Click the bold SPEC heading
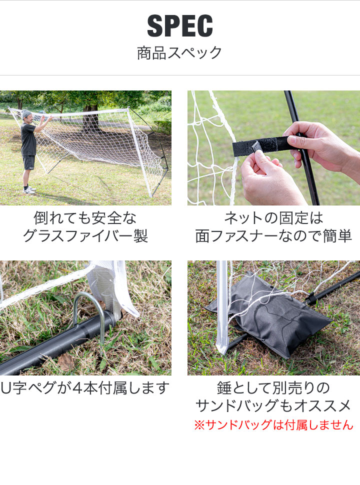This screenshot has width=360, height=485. coord(180,26)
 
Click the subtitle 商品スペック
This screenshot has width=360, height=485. coord(179,53)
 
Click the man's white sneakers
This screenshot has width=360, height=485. coord(28,190)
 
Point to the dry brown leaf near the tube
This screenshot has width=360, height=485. coord(65,361)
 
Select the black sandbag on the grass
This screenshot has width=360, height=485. coord(272,315)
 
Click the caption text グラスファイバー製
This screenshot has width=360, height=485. coord(85,236)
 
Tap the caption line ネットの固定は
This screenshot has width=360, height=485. coord(273,218)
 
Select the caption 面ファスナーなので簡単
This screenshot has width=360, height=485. coord(273,236)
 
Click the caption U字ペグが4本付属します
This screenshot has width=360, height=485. coord(85,388)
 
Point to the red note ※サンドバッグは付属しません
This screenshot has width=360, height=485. coord(273,425)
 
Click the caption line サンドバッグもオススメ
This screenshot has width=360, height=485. coord(273,405)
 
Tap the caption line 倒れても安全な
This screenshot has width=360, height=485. coord(85,218)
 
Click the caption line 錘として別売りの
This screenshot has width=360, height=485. coord(273,388)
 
